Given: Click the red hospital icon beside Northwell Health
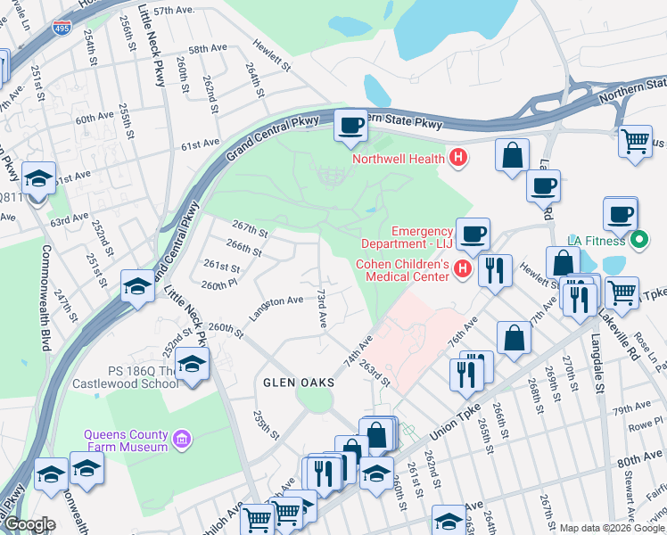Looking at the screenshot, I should (458, 159).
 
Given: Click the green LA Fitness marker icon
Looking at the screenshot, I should (638, 240).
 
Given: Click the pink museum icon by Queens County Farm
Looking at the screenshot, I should (183, 440).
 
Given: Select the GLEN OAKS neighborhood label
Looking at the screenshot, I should (298, 382).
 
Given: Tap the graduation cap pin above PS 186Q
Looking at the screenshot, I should (192, 364).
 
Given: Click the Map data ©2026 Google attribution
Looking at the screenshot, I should (611, 528).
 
